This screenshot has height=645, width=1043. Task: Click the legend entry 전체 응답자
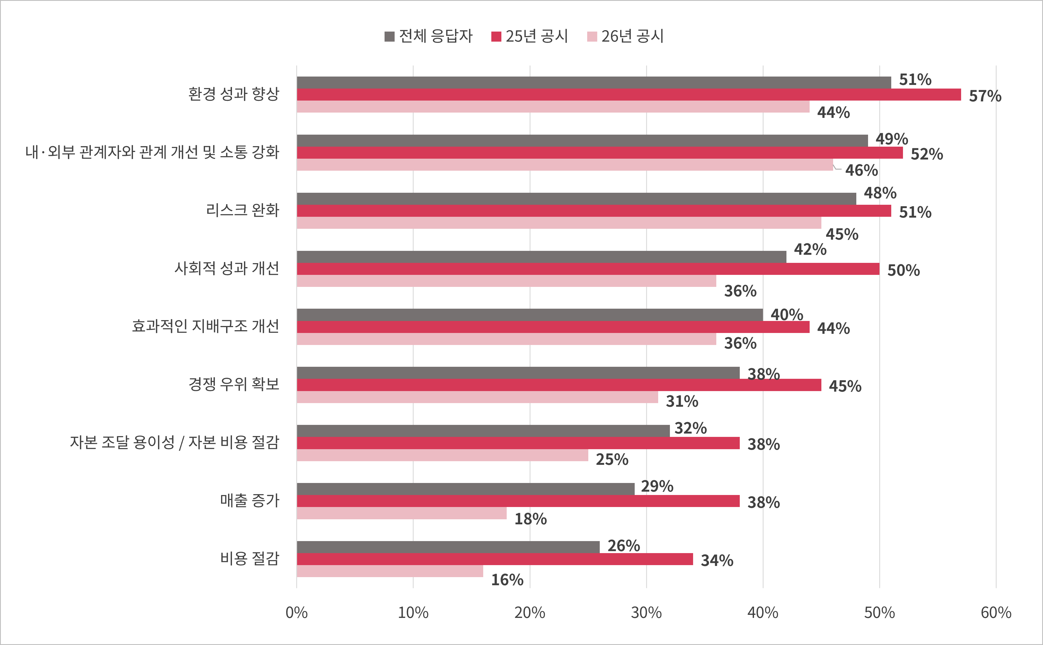pos(428,36)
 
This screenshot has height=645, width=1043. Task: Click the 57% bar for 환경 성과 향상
pos(628,95)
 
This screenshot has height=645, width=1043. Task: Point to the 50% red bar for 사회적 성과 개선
pos(588,269)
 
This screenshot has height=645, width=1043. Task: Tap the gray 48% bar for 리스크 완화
pos(576,199)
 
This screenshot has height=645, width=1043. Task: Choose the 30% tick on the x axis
pos(646,613)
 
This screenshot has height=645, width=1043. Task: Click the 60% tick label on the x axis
pos(996,613)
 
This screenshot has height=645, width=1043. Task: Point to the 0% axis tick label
pos(296,613)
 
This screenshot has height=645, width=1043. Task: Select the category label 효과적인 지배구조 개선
pos(205,326)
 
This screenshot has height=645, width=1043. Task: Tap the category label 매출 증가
pos(250,500)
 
